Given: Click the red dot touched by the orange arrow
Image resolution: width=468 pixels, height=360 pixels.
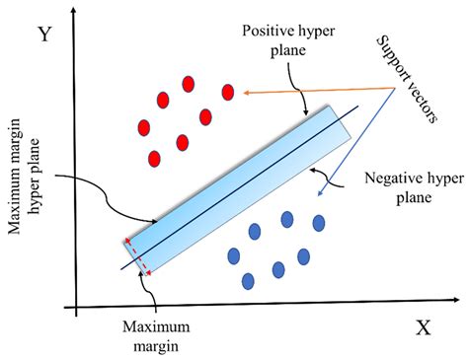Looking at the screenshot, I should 228,93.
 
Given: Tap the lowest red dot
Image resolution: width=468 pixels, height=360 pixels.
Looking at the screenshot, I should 154,158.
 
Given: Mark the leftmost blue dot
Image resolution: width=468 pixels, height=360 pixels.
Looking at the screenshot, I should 234,254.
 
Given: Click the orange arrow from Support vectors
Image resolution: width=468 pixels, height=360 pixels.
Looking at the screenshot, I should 316,91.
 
